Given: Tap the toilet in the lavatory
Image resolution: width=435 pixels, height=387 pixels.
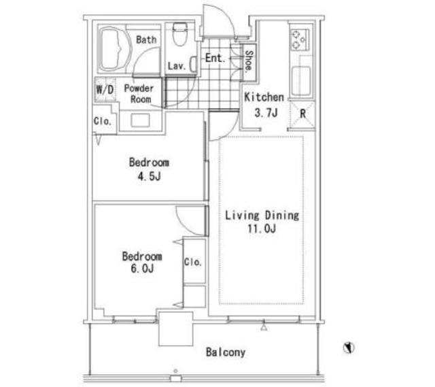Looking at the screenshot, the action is click(180, 35).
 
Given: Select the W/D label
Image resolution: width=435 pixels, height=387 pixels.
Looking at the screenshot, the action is click(105, 89).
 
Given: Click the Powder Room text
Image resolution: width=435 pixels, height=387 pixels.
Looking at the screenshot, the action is click(139, 94).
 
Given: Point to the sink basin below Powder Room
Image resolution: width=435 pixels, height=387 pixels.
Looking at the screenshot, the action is click(140, 120).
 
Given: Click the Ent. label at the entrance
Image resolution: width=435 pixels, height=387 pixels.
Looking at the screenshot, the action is click(215, 58).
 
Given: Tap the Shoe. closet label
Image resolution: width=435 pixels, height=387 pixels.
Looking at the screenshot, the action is click(249, 61).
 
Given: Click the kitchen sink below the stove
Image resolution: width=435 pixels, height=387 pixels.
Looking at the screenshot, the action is click(301, 81).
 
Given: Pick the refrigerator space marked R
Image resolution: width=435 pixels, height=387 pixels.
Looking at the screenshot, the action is click(302, 114).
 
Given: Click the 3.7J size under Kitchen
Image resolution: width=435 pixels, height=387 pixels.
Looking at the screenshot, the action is click(266, 113).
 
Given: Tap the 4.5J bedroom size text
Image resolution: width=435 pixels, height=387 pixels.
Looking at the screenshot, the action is click(150, 176).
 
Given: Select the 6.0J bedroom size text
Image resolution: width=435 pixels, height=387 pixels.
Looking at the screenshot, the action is click(142, 268).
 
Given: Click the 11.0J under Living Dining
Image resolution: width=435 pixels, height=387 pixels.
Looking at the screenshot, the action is click(262, 229).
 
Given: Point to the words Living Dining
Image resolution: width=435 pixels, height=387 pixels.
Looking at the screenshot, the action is click(262, 216).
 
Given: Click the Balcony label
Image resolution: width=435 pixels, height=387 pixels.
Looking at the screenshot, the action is click(226, 352).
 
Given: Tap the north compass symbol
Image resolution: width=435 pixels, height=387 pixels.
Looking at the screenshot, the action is click(349, 348).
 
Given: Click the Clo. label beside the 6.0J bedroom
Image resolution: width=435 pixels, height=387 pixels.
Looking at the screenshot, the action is click(193, 262).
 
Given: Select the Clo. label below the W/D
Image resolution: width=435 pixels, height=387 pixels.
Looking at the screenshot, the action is click(103, 121).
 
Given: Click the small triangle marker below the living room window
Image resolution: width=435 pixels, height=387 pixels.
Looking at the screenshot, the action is click(264, 328).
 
